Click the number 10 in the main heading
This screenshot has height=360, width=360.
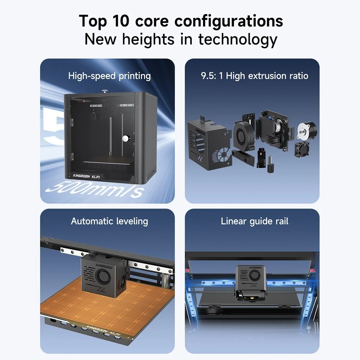(121, 21)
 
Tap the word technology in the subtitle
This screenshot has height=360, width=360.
(238, 40)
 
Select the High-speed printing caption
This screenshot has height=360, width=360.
(109, 76)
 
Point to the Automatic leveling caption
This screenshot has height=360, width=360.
(109, 221)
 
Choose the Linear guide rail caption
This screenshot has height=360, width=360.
(255, 221)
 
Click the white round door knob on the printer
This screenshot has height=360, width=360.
(126, 138)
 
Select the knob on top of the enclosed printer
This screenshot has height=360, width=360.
(105, 91)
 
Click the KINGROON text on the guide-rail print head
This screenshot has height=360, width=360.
(255, 267)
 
